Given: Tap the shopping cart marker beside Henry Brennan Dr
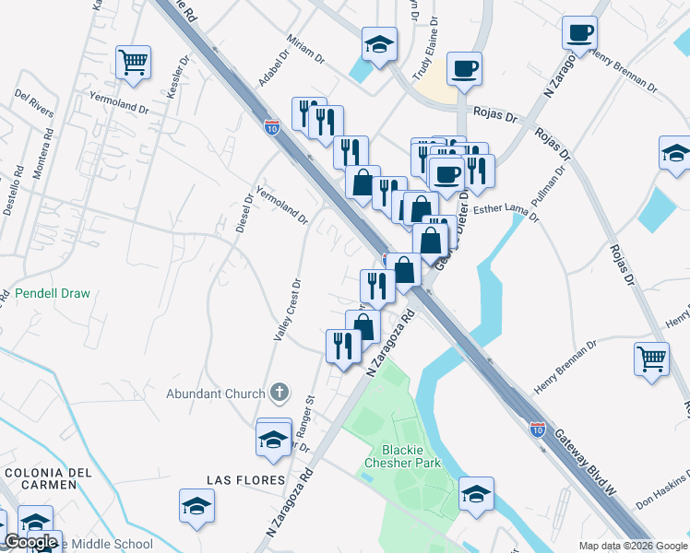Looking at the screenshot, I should [652, 358].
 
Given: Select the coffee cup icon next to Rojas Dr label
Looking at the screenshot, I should [464, 68].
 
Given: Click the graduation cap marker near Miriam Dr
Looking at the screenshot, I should [377, 44].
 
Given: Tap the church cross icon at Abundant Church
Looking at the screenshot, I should [280, 394].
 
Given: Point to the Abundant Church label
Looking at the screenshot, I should [215, 394].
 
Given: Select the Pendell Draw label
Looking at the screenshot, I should [53, 295].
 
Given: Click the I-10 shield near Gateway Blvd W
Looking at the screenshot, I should [538, 429].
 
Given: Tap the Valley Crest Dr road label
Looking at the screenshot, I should [285, 310].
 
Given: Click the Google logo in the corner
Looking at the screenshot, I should [30, 542].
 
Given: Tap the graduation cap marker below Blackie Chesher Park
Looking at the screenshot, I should [476, 495].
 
